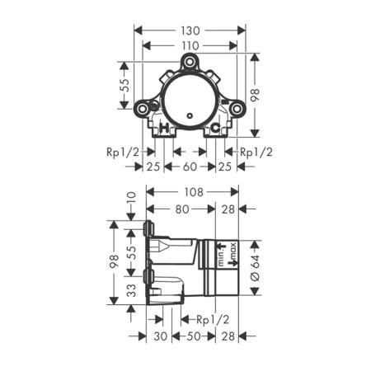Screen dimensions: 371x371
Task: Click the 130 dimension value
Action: (190, 31)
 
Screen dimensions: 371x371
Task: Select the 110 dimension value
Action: (190, 45)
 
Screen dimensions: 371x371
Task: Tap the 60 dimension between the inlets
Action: (190, 167)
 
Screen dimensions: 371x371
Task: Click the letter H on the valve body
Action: (164, 127)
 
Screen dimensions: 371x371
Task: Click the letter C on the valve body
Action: (216, 127)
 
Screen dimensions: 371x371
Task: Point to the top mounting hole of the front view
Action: (190, 61)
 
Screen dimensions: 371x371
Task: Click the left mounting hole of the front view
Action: (143, 109)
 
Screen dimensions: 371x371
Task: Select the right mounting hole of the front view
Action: (237, 109)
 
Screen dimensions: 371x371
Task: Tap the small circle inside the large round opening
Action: (190, 116)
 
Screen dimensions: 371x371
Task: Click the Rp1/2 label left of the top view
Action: (123, 152)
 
